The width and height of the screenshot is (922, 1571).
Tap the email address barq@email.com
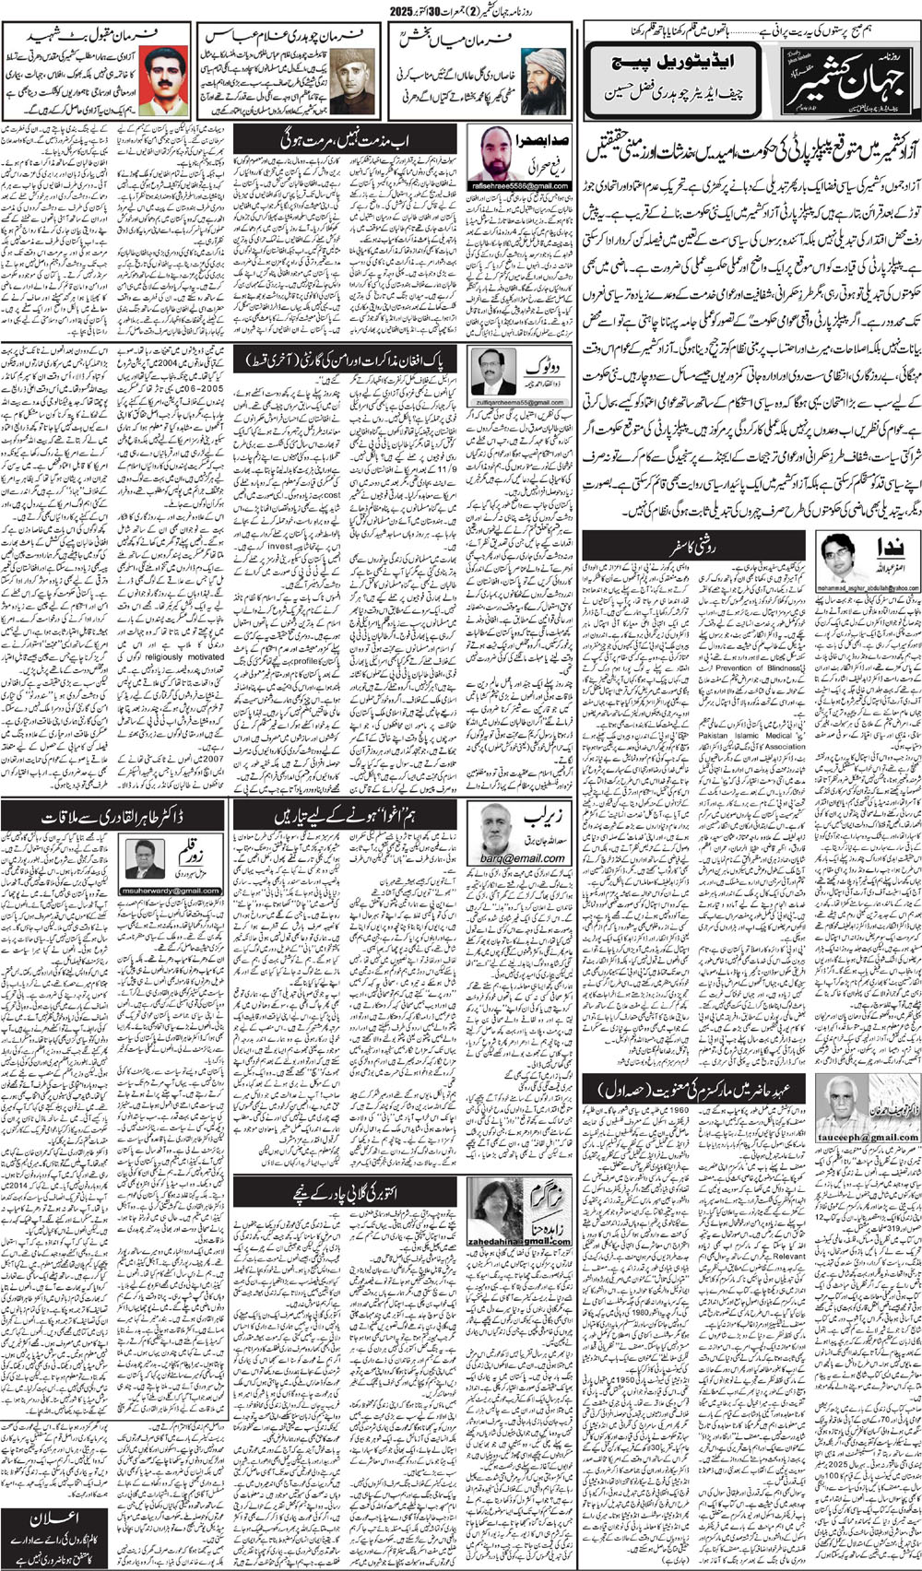pyautogui.click(x=521, y=857)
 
